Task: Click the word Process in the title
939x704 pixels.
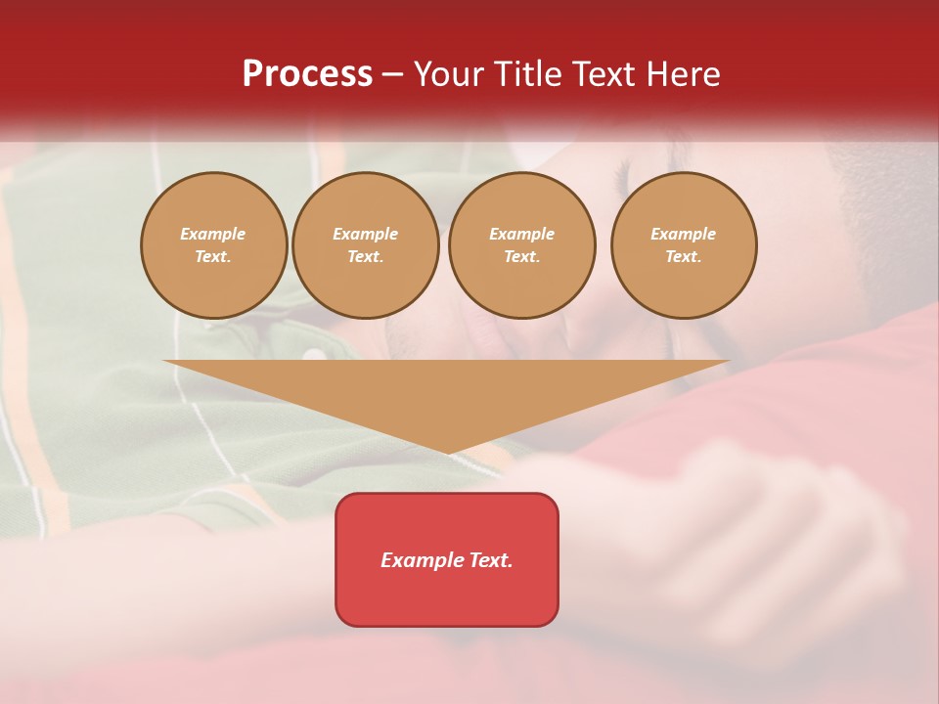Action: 307,74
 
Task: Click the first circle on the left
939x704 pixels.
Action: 214,245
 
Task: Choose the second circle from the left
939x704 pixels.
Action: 366,245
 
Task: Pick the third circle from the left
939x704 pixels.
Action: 522,245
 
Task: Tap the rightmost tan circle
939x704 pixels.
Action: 684,245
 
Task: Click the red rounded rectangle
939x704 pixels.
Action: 447,559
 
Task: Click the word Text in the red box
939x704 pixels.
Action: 490,560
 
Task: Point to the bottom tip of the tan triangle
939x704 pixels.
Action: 448,454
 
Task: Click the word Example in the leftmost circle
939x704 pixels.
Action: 213,234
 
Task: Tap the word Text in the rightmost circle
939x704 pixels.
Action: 683,257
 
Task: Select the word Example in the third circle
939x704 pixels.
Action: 522,234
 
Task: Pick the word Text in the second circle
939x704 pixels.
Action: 365,257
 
